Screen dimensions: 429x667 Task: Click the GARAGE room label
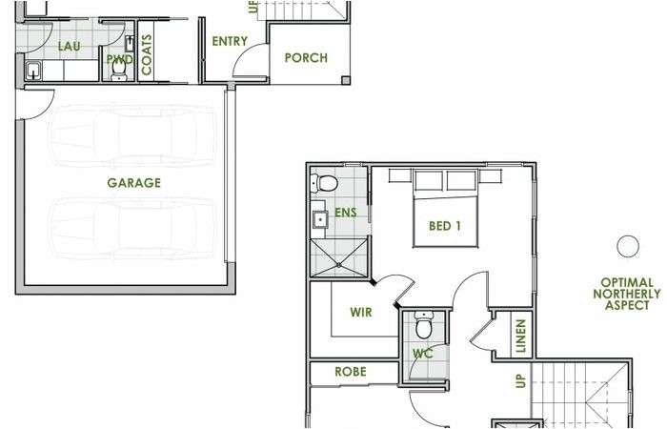[133, 183]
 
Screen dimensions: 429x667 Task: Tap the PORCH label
[306, 58]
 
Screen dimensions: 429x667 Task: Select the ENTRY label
[230, 41]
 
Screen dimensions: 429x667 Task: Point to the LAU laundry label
[69, 46]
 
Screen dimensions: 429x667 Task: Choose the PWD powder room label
[119, 59]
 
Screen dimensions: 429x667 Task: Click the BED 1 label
[445, 227]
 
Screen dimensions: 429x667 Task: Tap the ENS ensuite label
[345, 213]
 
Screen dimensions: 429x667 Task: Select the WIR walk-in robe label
[361, 312]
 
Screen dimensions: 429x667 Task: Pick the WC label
[422, 354]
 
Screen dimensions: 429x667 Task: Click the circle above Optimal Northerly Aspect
[627, 246]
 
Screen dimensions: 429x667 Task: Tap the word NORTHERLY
[626, 294]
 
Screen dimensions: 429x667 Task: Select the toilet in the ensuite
[325, 183]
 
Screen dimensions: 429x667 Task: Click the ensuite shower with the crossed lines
[338, 254]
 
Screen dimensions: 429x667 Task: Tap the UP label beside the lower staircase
[520, 381]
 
